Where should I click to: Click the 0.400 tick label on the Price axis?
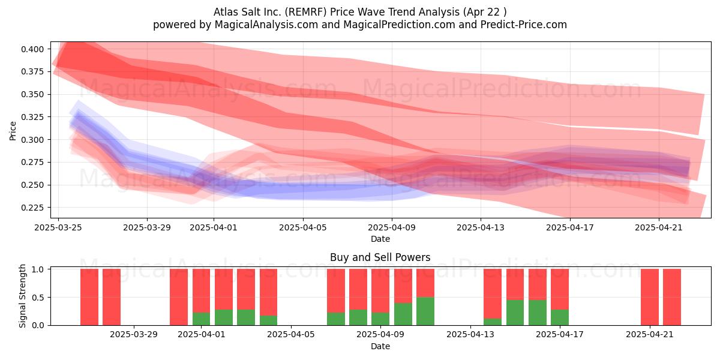coord(32,49)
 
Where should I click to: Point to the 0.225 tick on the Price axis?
coord(32,208)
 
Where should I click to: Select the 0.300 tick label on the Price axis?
coord(32,140)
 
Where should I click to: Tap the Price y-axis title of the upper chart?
coord(13,131)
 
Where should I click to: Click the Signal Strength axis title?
coord(22,296)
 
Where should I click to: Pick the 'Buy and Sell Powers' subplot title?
coord(380,257)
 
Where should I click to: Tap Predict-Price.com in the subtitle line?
coord(524,25)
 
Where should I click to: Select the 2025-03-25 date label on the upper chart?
coord(58,227)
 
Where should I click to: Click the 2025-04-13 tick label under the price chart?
coord(481,227)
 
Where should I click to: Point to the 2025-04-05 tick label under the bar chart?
coord(291,334)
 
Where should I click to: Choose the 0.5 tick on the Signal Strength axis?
coord(39,298)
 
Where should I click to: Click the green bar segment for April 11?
coord(425,311)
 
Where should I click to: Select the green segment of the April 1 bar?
coord(201,319)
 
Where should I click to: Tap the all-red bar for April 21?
coord(650,297)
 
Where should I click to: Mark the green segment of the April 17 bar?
coord(560,317)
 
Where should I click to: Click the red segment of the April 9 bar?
coord(380,290)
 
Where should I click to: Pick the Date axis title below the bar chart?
coord(380,346)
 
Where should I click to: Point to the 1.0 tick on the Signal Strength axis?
coord(39,269)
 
